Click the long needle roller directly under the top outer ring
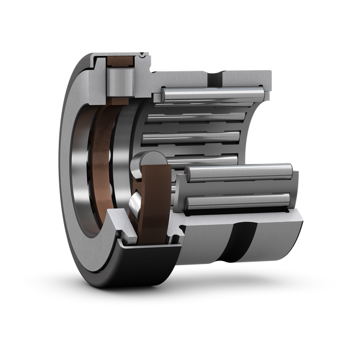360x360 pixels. tap(210, 96)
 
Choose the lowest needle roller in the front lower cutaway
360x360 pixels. tap(240, 201)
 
